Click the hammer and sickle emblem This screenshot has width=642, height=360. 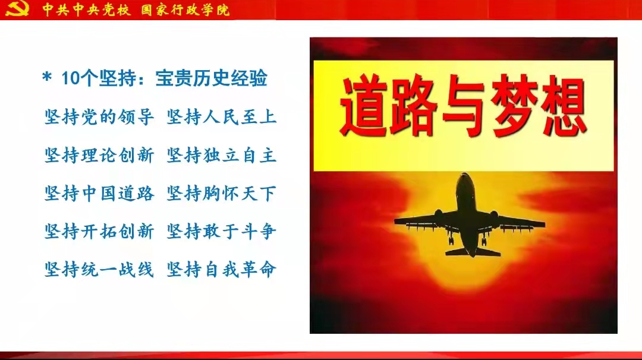17,8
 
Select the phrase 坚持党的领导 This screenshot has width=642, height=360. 99,118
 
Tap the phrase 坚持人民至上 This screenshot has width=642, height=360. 222,118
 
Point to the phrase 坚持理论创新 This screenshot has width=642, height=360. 99,156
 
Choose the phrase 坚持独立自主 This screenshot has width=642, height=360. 222,156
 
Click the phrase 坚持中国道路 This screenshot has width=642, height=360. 99,194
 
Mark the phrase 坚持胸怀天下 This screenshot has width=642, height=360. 222,194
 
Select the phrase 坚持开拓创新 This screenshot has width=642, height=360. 99,232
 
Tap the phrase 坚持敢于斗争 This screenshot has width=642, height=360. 222,232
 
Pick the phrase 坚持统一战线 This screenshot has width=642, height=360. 99,270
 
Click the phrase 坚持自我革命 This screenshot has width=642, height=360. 222,270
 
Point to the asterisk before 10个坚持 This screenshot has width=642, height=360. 47,77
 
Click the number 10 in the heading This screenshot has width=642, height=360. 70,78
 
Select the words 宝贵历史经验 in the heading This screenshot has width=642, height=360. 211,78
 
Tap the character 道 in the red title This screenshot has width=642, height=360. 364,106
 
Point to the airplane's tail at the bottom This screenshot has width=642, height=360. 473,250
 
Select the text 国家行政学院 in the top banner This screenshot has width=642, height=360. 185,10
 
